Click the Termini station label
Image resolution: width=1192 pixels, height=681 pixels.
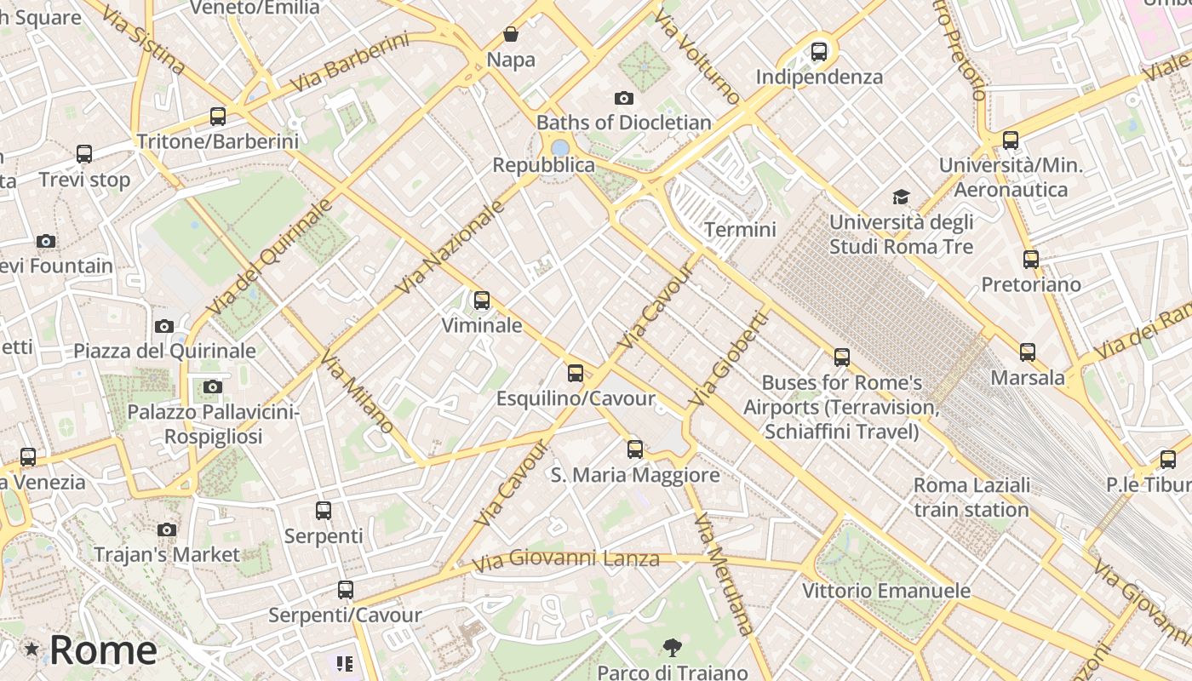740,229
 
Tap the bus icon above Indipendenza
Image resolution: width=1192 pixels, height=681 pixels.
819,52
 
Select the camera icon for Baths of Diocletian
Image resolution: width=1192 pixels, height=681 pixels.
624,99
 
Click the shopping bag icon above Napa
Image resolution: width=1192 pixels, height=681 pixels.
511,34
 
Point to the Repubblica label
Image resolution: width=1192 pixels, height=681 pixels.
543,165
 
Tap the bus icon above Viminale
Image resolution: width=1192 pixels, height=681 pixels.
482,300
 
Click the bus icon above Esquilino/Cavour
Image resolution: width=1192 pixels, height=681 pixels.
576,373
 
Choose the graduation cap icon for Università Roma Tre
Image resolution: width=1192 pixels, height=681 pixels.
901,197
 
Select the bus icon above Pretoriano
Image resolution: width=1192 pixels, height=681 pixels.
1031,260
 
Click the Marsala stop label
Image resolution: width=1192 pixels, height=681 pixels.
1028,377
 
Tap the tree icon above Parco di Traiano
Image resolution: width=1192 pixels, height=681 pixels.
672,649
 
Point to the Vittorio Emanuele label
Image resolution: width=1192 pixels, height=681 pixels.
885,591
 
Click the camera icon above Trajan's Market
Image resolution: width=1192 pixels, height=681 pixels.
167,530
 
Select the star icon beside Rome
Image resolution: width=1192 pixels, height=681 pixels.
32,650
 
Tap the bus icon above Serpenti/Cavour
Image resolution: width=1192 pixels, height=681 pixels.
345,590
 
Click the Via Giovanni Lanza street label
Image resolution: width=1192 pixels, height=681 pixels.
566,560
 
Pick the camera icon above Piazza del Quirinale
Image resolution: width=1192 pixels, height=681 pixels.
164,326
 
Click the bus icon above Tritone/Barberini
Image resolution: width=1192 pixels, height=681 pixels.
218,117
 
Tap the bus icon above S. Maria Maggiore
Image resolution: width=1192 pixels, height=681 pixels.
635,449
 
